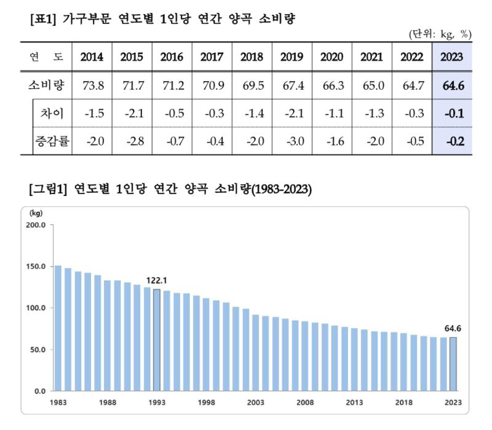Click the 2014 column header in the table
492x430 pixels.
click(92, 57)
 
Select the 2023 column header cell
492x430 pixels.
click(452, 57)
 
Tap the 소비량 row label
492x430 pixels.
click(46, 85)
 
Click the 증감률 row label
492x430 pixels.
click(52, 141)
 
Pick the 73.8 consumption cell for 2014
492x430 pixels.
click(92, 85)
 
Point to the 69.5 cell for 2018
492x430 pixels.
click(252, 85)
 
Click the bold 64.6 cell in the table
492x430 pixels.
click(452, 85)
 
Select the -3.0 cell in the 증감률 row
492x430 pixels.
click(292, 141)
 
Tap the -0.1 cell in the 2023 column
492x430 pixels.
click(452, 114)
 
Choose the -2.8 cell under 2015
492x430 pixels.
click(132, 141)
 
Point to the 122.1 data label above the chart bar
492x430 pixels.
click(157, 280)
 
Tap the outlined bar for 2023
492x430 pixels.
click(453, 364)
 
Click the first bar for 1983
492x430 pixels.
click(58, 328)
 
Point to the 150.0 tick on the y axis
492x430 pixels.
click(36, 267)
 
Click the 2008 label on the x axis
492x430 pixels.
click(305, 403)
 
